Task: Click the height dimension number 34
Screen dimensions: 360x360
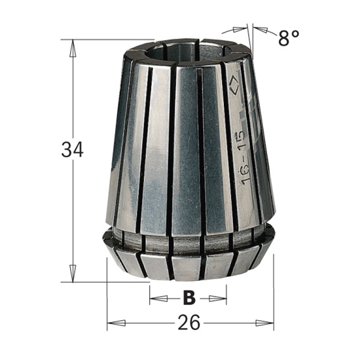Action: [x=73, y=150]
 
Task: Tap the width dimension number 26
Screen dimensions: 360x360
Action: [x=190, y=323]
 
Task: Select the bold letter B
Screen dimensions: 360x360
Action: [x=189, y=298]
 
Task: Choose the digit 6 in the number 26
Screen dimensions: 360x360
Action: [x=197, y=323]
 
